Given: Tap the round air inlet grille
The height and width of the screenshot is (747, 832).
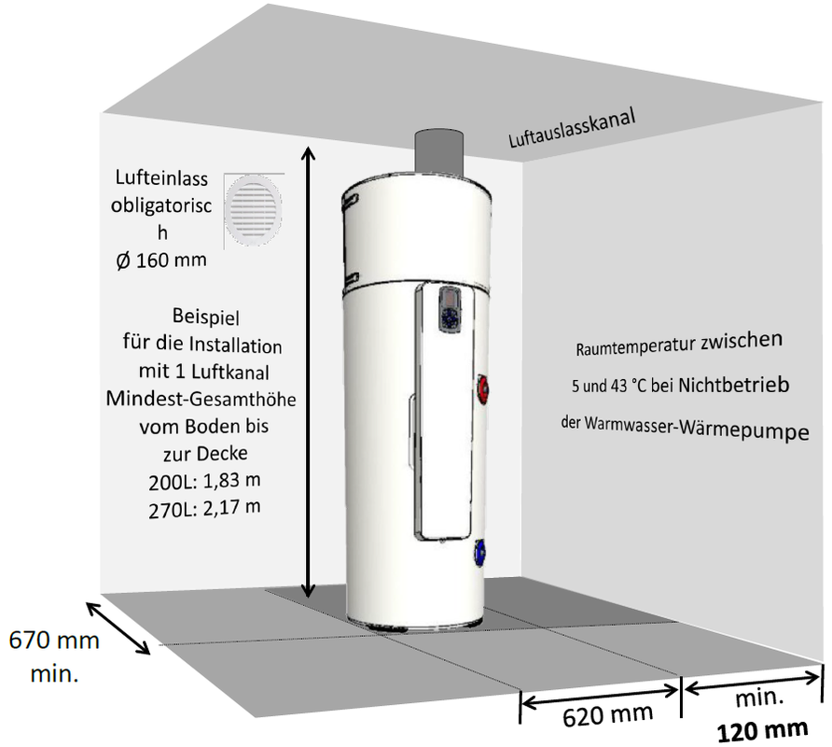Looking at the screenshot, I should (x=252, y=208).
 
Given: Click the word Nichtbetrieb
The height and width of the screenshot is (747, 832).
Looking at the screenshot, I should (x=735, y=384).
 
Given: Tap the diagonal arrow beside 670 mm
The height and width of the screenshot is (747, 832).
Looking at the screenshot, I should (x=118, y=627).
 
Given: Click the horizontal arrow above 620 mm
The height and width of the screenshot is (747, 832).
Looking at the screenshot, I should (x=601, y=694).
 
